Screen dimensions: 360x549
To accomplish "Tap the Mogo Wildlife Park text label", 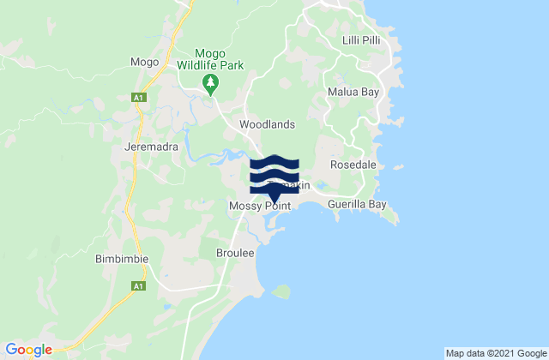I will (x=210, y=58).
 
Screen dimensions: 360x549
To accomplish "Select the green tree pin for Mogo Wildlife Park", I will (x=210, y=83).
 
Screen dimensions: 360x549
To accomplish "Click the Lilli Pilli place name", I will (x=361, y=40).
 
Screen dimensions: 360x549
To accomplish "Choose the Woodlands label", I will (x=267, y=124).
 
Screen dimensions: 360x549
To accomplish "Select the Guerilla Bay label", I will (x=359, y=206).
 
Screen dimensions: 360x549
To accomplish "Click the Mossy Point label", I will (x=261, y=207).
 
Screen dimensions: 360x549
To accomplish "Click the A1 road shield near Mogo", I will (x=137, y=99).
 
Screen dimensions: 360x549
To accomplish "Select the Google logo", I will (x=29, y=349).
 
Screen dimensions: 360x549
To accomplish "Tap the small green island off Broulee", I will (x=281, y=292).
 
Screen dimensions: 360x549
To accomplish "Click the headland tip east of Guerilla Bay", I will (x=395, y=221).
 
